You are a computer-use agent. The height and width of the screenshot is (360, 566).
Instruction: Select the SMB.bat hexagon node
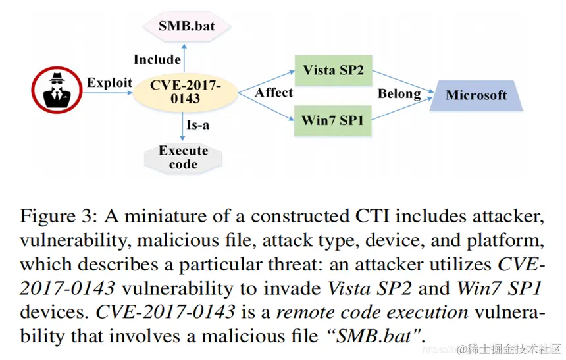coord(184,28)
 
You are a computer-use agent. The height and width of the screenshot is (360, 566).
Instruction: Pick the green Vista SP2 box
coord(332,70)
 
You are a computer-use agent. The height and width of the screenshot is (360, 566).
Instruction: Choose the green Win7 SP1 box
coord(332,120)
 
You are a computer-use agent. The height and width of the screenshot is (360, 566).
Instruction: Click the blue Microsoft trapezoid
coord(476,95)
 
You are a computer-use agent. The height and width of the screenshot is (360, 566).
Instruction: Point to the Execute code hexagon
coord(183,157)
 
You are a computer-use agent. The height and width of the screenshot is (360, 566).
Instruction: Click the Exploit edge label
coord(109,82)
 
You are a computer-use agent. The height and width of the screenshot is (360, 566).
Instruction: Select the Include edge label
coord(157,59)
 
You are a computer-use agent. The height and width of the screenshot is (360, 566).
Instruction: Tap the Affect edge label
coord(274,93)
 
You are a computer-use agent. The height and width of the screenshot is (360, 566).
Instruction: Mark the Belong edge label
coord(399,93)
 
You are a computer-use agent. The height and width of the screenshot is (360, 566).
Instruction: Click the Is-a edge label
coord(202,124)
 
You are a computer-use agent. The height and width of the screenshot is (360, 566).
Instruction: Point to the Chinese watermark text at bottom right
coord(509,347)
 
